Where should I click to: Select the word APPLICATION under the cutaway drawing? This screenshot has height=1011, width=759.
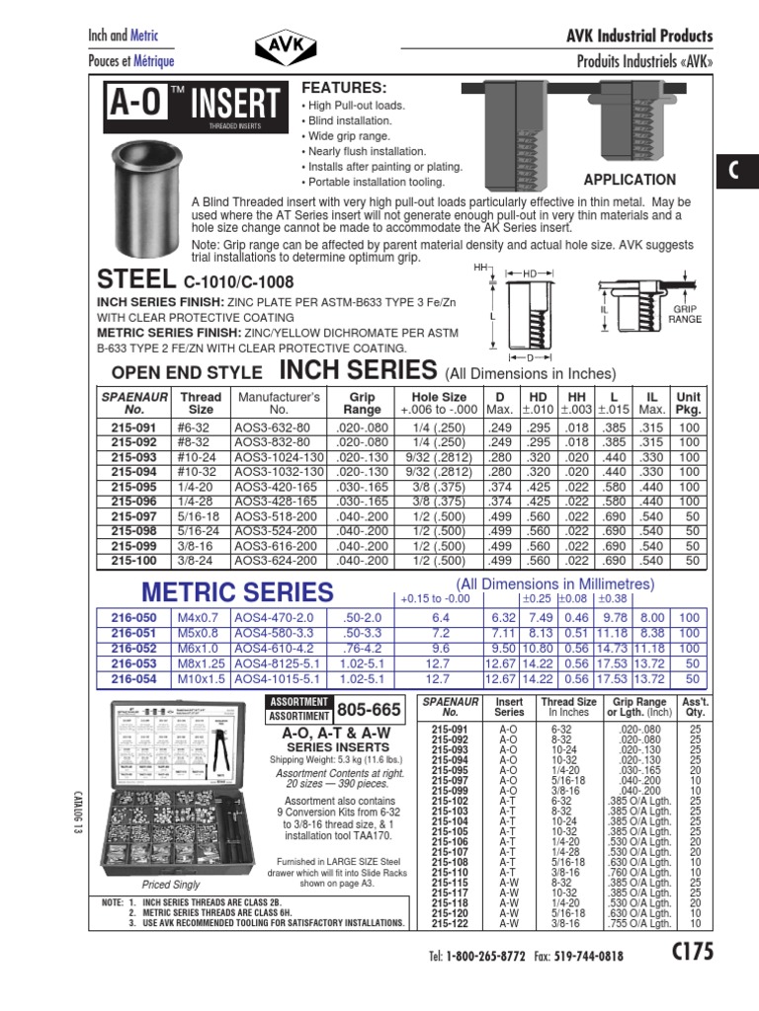click(630, 180)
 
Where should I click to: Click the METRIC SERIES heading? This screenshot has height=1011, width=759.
click(237, 592)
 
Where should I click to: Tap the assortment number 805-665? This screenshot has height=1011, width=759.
click(369, 709)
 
